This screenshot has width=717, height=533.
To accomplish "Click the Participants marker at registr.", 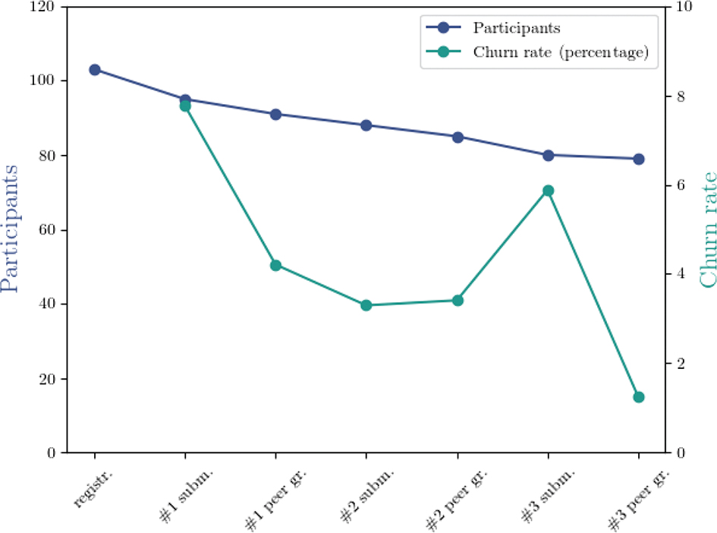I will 95,70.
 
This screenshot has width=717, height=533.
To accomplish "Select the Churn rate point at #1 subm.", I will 185,106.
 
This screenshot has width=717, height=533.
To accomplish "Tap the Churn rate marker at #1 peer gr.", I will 275,266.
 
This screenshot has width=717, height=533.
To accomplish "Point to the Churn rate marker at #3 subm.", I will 548,191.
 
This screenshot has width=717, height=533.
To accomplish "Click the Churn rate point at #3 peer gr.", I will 639,397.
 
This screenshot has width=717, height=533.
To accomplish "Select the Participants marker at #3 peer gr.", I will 639,159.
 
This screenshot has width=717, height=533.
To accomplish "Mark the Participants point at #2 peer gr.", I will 458,137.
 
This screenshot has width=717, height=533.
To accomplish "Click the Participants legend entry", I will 516,29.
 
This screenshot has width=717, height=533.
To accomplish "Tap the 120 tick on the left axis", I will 48,7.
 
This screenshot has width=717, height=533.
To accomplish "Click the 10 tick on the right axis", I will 681,7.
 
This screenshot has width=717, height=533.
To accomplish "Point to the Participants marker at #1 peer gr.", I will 275,114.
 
